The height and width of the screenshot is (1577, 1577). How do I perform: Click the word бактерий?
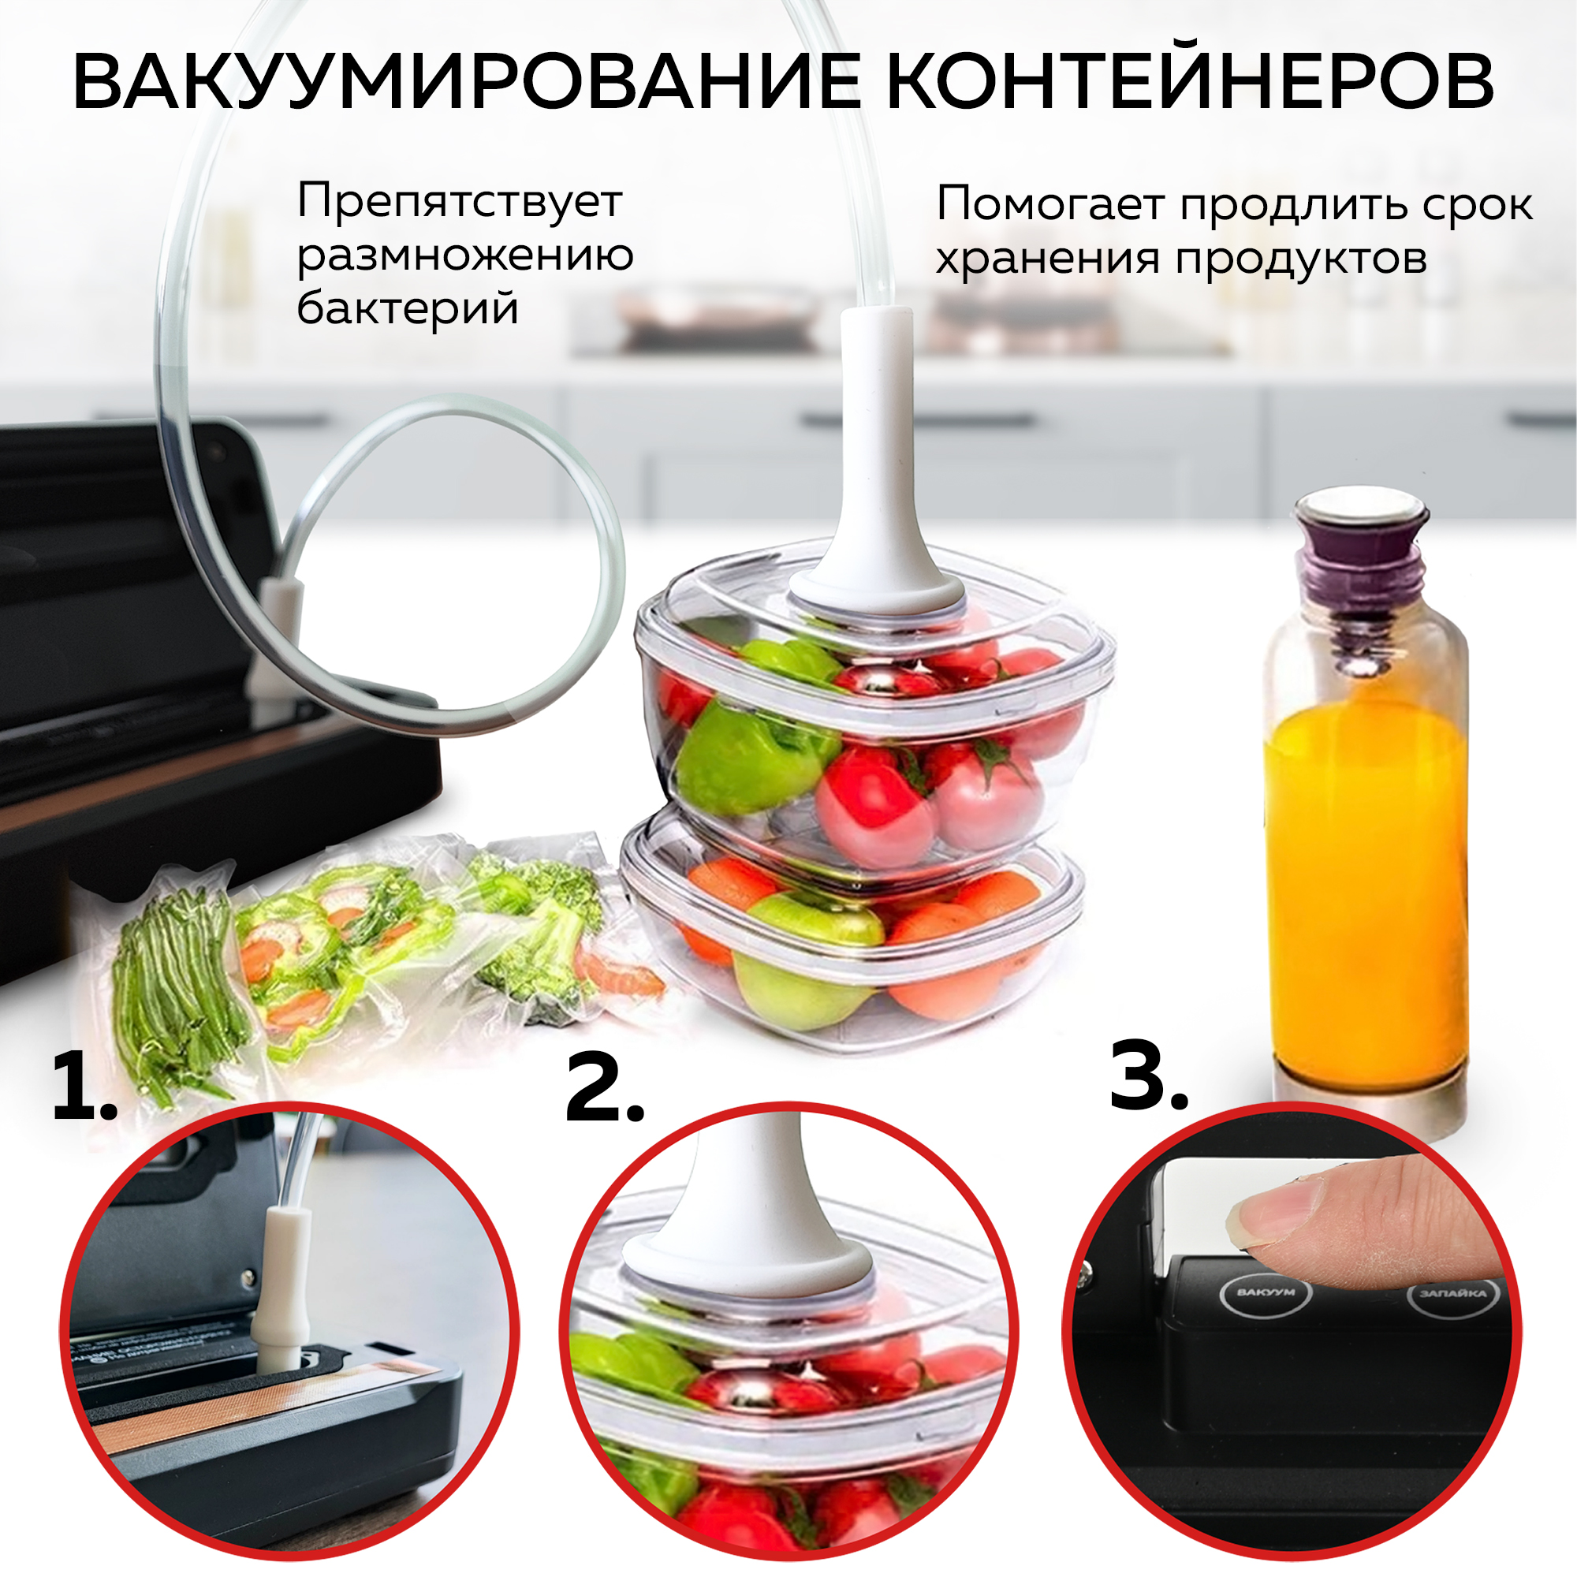click(408, 308)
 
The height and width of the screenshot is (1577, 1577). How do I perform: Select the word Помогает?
click(1049, 204)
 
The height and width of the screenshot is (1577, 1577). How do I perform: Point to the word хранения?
click(1047, 259)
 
